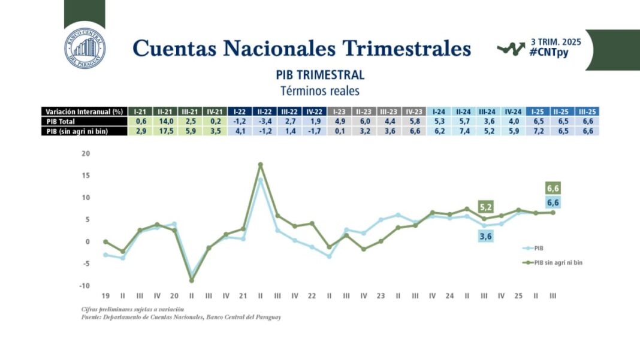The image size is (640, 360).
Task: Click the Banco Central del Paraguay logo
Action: coord(84,49)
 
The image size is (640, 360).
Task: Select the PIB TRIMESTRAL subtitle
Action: coord(320,75)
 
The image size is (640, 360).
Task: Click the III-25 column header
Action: coord(587,111)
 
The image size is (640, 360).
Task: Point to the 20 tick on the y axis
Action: coord(85,153)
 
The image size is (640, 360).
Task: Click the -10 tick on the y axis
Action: coord(84,286)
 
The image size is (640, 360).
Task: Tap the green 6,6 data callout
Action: coord(553,187)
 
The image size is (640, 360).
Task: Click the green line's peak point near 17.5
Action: coord(260,165)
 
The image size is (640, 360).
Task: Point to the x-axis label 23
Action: coord(381,296)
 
